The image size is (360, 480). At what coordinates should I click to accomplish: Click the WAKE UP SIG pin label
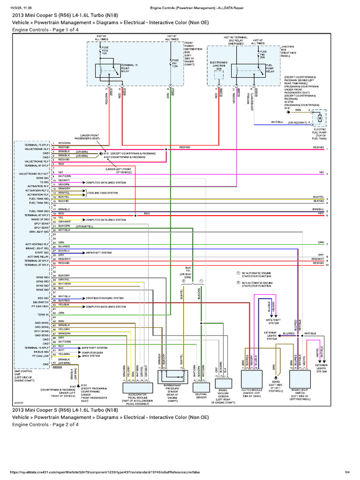coord(40,219)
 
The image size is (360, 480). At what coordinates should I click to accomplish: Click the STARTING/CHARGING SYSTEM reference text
coord(105,298)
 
